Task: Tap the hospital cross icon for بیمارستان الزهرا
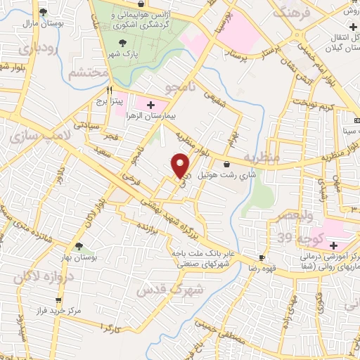click(150, 104)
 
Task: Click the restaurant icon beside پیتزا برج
click(109, 90)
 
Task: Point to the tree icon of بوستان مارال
click(44, 12)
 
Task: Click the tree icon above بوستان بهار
click(79, 246)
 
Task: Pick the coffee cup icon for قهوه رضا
click(262, 258)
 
